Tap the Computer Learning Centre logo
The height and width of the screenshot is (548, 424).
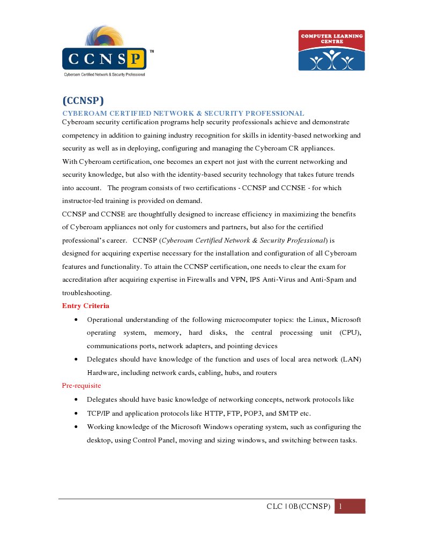(331, 50)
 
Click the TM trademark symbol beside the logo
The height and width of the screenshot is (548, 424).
(152, 52)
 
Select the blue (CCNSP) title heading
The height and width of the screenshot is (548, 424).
(83, 101)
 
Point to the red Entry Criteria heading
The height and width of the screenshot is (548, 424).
(86, 306)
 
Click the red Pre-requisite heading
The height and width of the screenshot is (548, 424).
(81, 386)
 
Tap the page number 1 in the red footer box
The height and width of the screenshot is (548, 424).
(340, 506)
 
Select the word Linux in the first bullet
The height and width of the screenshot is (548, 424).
(318, 320)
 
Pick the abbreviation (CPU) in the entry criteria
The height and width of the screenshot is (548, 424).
(350, 333)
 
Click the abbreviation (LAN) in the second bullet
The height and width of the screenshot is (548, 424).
(351, 359)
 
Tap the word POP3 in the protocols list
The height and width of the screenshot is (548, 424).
(250, 414)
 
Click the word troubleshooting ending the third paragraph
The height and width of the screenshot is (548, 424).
(87, 293)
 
